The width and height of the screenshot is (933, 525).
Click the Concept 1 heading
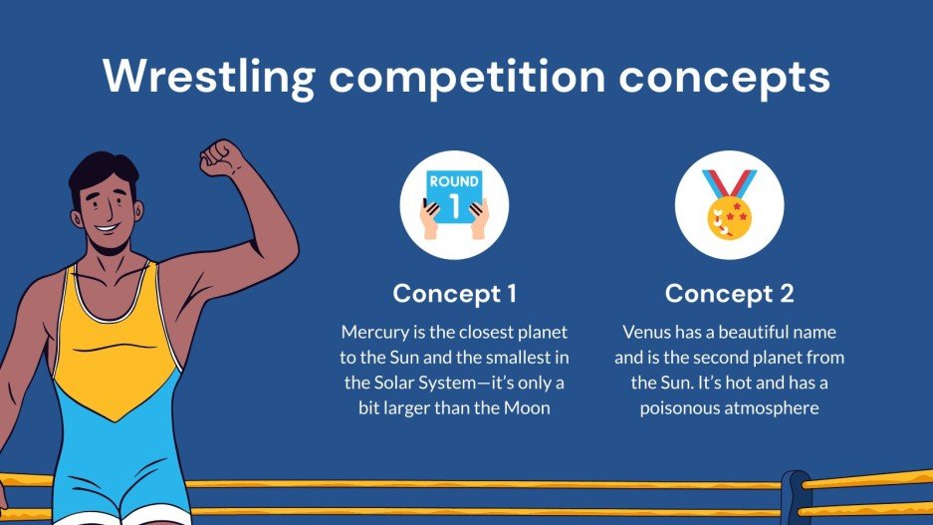454,294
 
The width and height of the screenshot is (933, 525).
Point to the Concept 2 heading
729,294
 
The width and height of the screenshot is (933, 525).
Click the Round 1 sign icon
454,205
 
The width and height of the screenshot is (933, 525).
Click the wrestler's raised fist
221,156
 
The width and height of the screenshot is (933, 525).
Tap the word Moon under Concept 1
525,408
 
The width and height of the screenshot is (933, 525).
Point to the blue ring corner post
796,497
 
